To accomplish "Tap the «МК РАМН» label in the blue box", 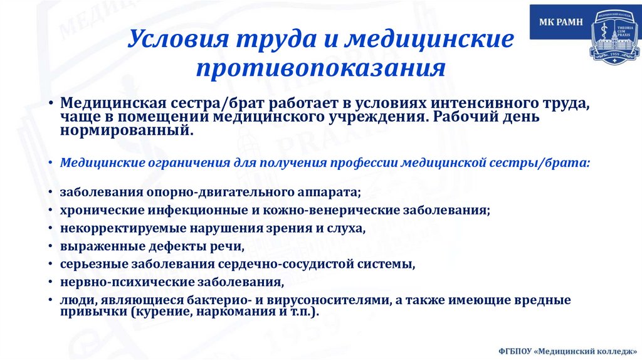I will coord(561,23).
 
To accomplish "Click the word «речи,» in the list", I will coord(226,246).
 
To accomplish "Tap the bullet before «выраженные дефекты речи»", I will coord(50,246).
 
